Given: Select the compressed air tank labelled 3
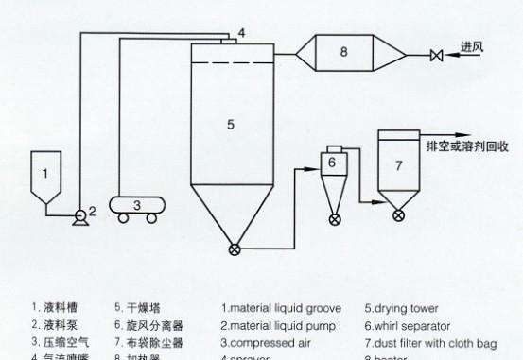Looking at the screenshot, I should (x=137, y=203).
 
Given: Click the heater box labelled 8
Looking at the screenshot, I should (x=343, y=53).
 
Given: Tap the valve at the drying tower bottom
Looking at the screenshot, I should (x=235, y=249).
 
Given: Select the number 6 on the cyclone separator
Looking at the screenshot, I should (x=332, y=163).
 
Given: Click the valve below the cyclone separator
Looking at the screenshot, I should (x=334, y=219).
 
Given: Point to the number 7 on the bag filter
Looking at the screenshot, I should (x=399, y=165).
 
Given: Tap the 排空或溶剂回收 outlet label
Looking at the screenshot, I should (x=469, y=146).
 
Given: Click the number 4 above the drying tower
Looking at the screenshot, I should (x=242, y=33).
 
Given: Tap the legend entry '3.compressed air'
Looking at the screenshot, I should (x=258, y=341).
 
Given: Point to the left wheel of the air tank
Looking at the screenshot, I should (x=124, y=218).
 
